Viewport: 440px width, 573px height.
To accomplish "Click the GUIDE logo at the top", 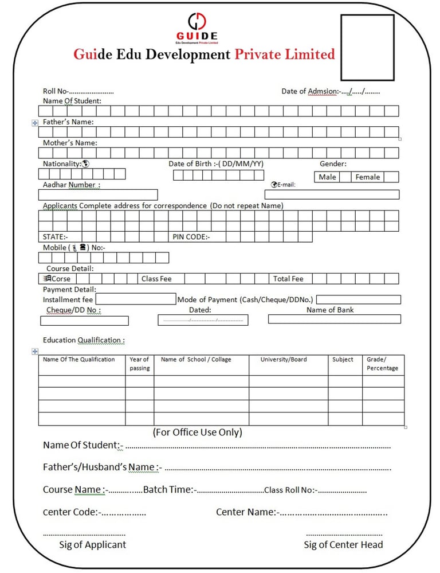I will point(197,28).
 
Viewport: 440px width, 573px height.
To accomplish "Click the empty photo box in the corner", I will point(367,48).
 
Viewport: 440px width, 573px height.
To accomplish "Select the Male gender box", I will point(327,177).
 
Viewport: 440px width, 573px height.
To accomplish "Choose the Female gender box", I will point(367,177).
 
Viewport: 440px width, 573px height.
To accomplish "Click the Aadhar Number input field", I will point(98,195).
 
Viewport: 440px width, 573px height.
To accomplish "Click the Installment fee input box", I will point(136,299).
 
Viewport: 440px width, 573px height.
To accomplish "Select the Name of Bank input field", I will point(334,319).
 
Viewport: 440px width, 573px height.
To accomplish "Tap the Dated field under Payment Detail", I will point(203,320).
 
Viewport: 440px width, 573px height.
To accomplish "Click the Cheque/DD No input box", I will point(84,321).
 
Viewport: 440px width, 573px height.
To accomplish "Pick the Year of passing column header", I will point(139,364).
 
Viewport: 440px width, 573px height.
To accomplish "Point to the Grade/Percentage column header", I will point(382,364).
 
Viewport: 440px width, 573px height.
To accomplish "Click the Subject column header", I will point(343,360).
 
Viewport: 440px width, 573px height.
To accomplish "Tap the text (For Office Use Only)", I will point(197,432).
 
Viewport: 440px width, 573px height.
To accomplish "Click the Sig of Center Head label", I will point(343,545).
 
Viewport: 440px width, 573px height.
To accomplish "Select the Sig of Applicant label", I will point(92,545).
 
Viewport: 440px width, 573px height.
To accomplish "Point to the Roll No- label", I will point(56,91).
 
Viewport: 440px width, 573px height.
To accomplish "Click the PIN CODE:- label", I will point(191,237).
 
